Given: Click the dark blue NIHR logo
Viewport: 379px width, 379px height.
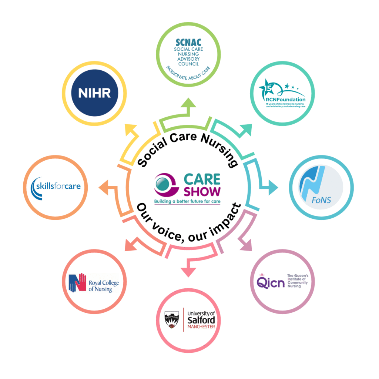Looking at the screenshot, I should coord(94,93).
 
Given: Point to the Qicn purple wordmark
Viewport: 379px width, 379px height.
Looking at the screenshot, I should coord(271,283).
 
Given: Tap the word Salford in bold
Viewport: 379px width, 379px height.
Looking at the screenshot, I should coord(201,320).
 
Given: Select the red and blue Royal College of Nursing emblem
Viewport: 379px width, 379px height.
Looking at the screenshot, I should coord(77,283).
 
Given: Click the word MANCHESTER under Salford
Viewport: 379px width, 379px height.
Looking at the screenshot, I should coord(201,327).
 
